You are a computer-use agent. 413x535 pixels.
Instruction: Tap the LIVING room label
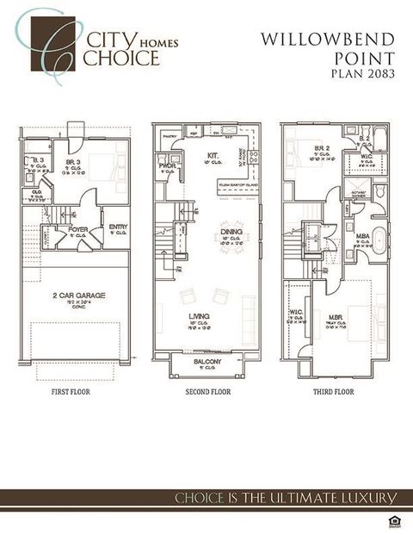(x=200, y=317)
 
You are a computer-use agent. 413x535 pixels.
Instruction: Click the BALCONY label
(x=206, y=362)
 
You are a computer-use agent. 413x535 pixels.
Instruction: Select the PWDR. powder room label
(x=168, y=165)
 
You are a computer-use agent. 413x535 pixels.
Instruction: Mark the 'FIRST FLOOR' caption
(x=70, y=392)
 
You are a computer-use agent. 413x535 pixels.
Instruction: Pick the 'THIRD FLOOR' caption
(x=333, y=392)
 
